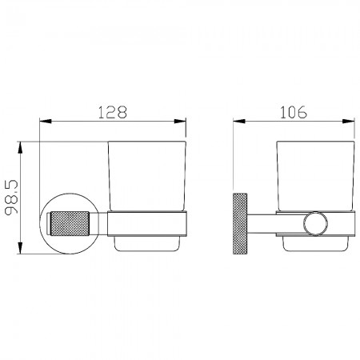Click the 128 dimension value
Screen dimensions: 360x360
coord(113,112)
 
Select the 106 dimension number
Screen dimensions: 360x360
coord(294,112)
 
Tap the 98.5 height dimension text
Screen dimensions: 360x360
coord(11,197)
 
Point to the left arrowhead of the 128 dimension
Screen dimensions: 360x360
coord(45,122)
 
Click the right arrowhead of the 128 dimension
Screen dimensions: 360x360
coord(180,122)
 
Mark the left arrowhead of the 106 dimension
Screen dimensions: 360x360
coord(239,122)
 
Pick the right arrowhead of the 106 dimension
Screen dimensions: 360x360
coord(349,122)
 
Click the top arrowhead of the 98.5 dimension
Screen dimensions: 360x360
coord(20,147)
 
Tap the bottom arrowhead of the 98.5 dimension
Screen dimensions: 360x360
coord(20,248)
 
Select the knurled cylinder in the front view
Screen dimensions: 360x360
coord(70,223)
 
